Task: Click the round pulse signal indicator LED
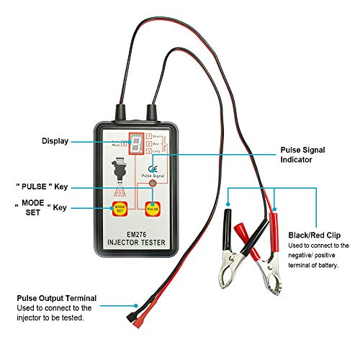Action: [x=151, y=184]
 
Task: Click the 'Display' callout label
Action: [x=55, y=141]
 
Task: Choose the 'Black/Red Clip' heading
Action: [x=315, y=235]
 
